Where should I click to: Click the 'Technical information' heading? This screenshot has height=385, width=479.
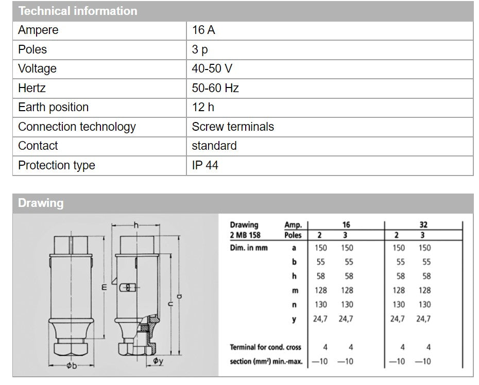pos(77,11)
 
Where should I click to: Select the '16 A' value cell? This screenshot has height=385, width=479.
pos(203,30)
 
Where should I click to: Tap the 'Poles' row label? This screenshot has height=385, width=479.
pos(32,49)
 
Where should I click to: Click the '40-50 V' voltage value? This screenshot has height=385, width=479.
pos(212,68)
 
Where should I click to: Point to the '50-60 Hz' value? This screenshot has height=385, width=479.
pos(215,88)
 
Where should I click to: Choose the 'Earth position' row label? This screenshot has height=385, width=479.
pos(53,107)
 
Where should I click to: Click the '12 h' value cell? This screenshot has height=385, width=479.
pos(203,107)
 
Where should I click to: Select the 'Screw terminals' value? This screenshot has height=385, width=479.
pos(233,127)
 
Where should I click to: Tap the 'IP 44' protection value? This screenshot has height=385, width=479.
pos(205,165)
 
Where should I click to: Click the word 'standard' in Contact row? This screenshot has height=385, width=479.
pos(214,146)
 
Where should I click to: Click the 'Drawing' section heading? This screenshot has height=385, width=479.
pos(41,203)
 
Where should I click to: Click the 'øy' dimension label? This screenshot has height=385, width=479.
pos(158,361)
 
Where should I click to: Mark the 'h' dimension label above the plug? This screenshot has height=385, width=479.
pos(136,225)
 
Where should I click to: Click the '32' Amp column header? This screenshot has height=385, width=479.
pos(423,225)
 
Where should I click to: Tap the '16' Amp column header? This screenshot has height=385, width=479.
pos(346,225)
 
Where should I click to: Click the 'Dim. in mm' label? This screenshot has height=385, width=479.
pos(249,248)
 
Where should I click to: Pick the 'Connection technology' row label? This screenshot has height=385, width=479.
pos(77,127)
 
